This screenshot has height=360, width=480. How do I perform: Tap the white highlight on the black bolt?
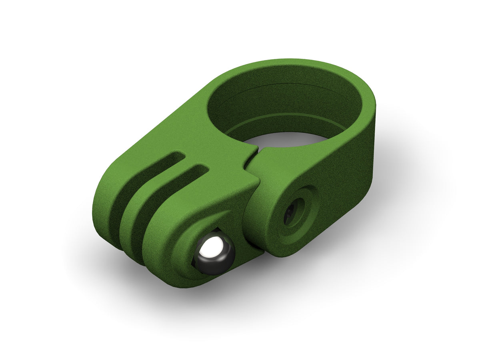(209, 250)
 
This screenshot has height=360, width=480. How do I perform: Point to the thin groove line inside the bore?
(280, 86)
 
